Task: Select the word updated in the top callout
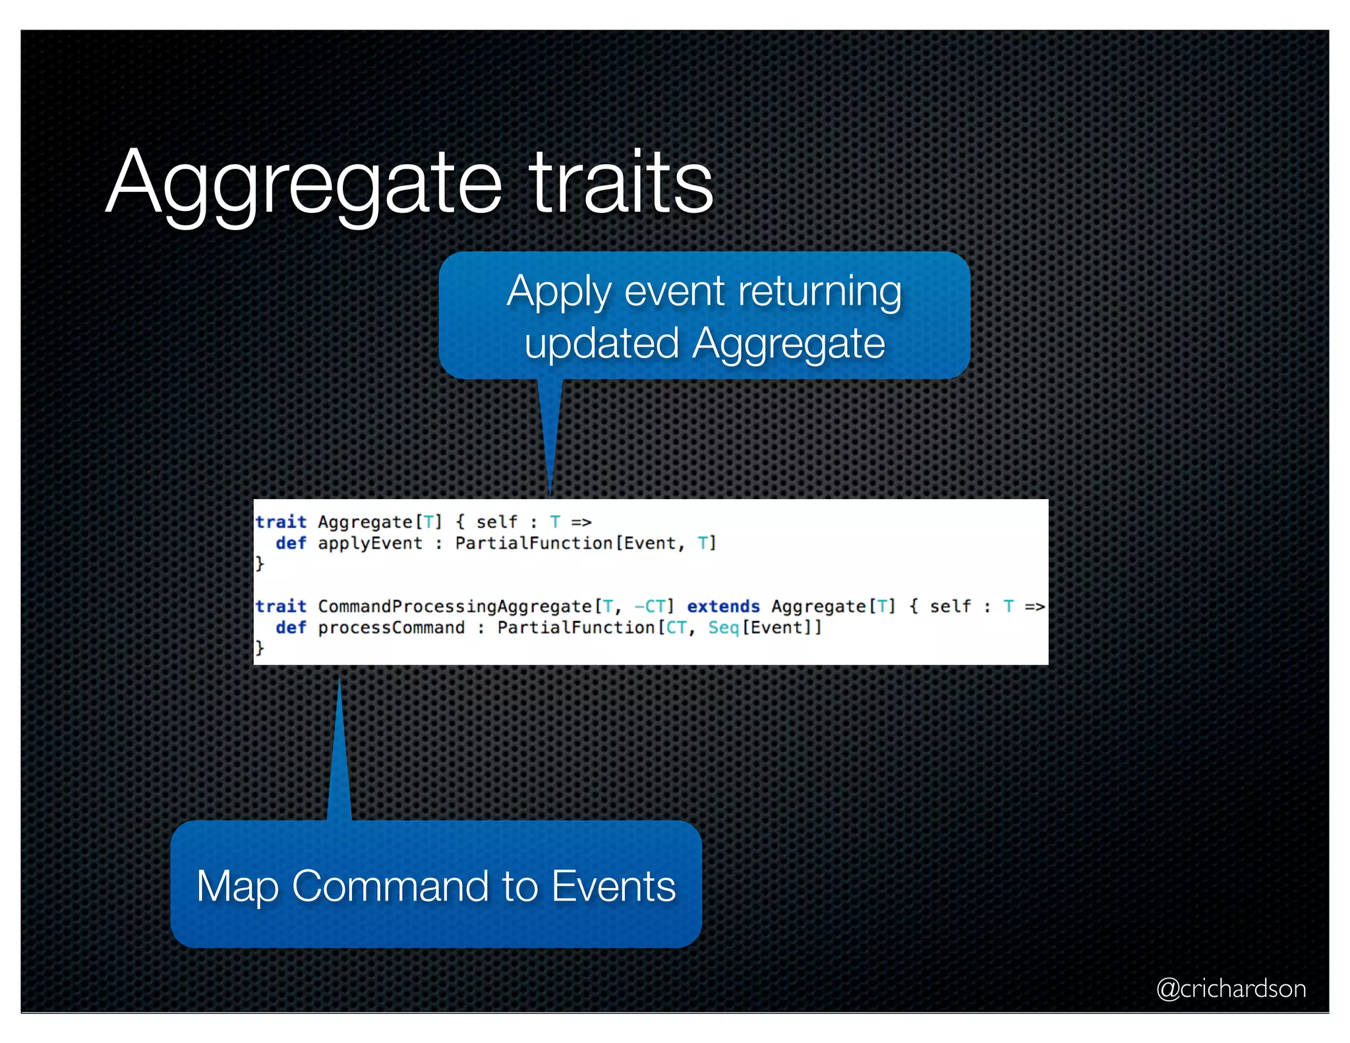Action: click(x=601, y=343)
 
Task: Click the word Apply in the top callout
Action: click(x=558, y=292)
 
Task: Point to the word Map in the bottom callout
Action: click(x=237, y=886)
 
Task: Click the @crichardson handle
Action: click(x=1231, y=988)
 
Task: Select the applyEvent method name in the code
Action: click(x=370, y=543)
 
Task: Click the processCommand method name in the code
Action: click(x=391, y=628)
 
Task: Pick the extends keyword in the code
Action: click(x=723, y=607)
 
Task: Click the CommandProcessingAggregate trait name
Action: click(x=455, y=607)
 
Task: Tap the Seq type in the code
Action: click(x=723, y=628)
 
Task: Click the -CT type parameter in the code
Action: click(x=649, y=607)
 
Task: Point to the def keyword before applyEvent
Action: click(x=291, y=543)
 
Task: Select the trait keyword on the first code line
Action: click(x=281, y=522)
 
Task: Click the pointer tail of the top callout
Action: click(x=550, y=435)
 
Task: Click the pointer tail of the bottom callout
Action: click(x=339, y=752)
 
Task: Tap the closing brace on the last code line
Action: click(x=260, y=647)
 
